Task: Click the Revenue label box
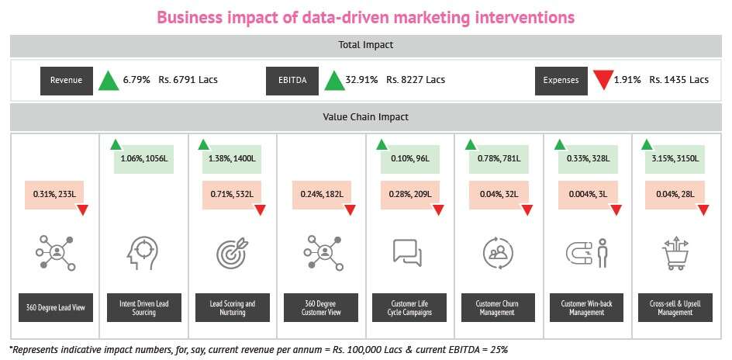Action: [x=67, y=80]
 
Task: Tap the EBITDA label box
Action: [x=292, y=80]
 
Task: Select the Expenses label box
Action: [x=561, y=80]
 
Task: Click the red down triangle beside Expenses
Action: [x=603, y=80]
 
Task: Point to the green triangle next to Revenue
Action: [x=108, y=80]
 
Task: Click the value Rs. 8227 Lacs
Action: [x=416, y=80]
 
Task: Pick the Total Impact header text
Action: [x=366, y=45]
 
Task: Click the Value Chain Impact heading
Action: [x=366, y=117]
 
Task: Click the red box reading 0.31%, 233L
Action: [x=55, y=193]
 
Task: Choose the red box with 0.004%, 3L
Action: [x=586, y=193]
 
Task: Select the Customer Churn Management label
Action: [x=498, y=308]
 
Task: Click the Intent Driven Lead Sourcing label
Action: [x=144, y=308]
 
